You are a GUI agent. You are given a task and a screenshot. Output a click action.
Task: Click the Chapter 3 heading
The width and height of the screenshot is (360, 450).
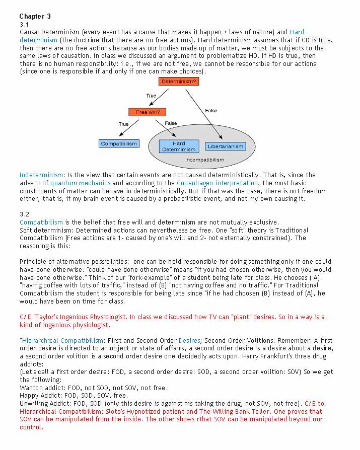click(35, 17)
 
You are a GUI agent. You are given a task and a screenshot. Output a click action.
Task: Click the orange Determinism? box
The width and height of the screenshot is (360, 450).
click(179, 81)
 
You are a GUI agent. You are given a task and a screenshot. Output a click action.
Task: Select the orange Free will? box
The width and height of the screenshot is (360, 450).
click(147, 112)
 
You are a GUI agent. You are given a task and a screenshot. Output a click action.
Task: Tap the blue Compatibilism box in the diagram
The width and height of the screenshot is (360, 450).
click(119, 143)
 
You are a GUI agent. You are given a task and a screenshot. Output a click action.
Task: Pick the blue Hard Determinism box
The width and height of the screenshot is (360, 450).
click(179, 146)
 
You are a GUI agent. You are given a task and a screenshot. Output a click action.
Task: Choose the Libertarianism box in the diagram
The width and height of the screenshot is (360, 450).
click(226, 146)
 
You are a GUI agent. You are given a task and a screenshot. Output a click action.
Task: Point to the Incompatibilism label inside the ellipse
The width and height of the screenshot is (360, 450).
click(204, 160)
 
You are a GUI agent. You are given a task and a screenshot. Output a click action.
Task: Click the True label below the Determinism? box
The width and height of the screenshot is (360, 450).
click(151, 96)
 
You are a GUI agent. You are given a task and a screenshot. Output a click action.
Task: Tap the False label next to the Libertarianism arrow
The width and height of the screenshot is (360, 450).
click(211, 110)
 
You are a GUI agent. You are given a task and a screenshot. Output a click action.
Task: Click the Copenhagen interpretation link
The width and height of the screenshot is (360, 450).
click(218, 183)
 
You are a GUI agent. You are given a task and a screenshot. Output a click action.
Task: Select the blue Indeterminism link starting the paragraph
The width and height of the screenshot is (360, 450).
click(42, 175)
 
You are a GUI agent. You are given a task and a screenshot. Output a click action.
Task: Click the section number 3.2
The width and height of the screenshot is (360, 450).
click(24, 214)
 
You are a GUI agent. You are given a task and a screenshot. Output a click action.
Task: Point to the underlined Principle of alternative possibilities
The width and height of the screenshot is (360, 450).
click(74, 261)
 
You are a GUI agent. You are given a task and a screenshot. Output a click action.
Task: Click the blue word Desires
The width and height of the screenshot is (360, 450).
click(189, 341)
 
